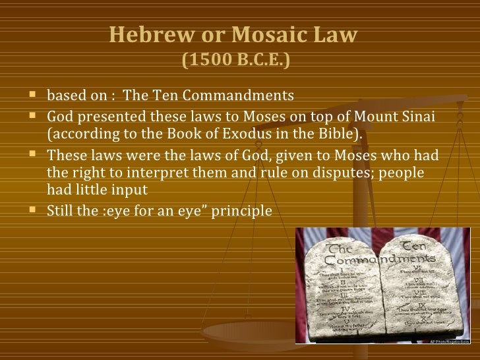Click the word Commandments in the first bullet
242,96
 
